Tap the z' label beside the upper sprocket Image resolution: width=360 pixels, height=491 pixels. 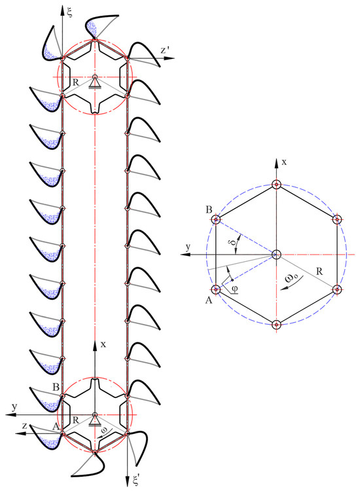(165, 50)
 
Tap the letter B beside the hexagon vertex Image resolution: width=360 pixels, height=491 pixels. (209, 209)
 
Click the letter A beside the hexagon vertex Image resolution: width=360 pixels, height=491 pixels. (209, 300)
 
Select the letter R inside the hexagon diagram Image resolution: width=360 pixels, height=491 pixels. (319, 271)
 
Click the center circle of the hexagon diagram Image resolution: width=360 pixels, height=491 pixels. (276, 254)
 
